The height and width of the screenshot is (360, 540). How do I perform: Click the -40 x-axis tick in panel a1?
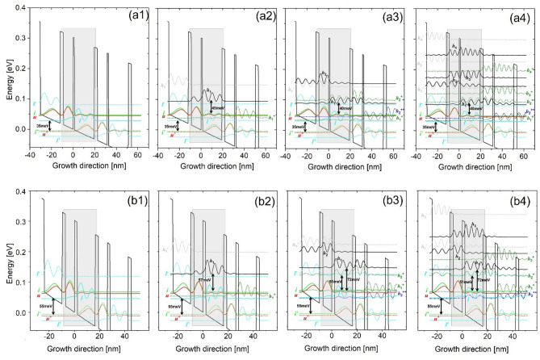pos(30,153)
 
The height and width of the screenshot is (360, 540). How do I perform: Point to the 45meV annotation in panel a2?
pos(218,107)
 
